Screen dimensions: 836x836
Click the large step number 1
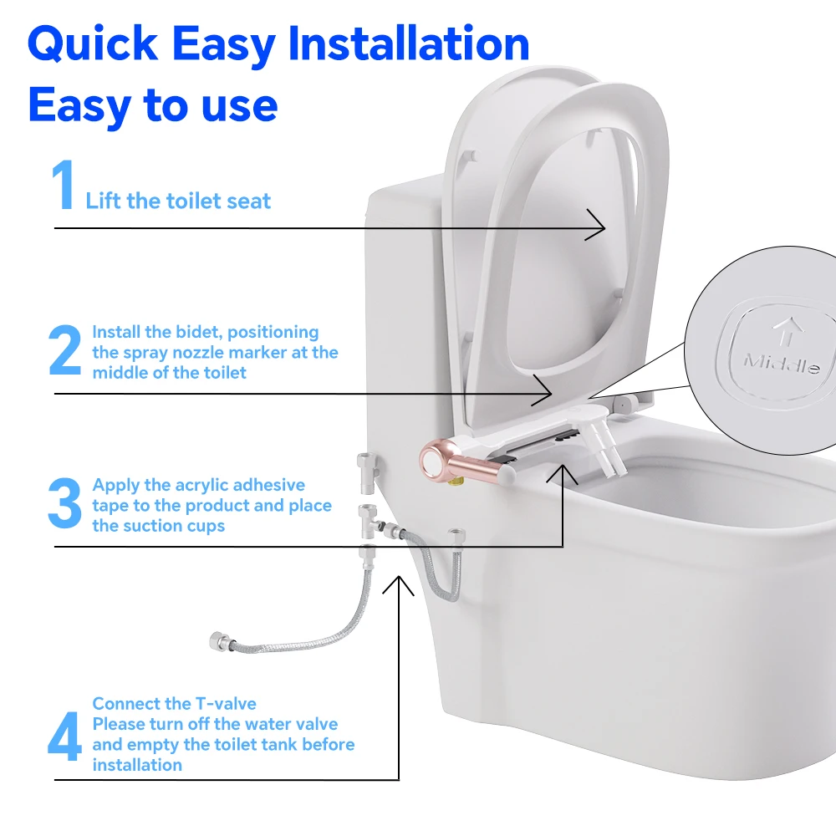coord(64,186)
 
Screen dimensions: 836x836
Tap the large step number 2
coord(65,352)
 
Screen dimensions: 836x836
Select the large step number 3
coord(64,504)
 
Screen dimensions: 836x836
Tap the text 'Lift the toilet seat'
coord(178,201)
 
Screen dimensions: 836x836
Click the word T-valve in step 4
coord(227,704)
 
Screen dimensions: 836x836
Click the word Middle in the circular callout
coord(781,364)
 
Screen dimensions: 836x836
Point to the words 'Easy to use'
coord(152,105)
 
